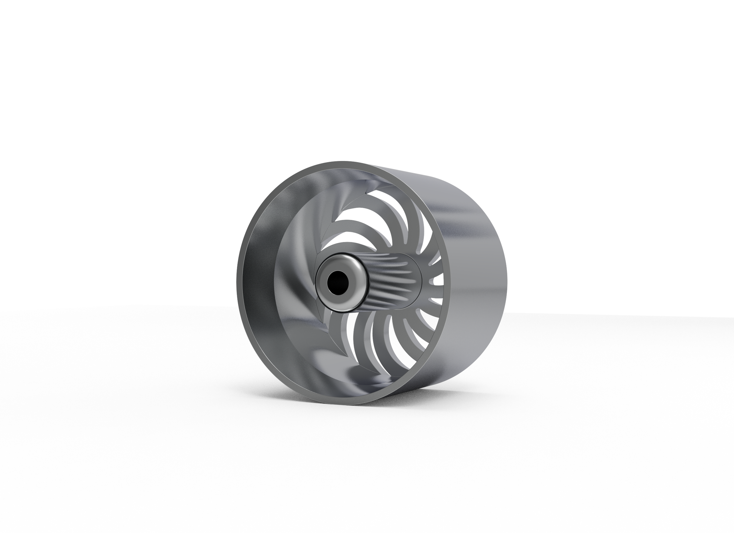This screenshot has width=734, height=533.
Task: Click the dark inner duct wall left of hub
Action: click(264, 279)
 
